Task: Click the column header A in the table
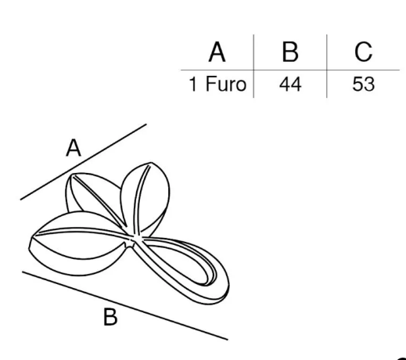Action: coord(217,52)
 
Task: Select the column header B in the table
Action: coord(290,52)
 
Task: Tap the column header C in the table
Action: coord(363,52)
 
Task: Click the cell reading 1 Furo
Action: coord(217,84)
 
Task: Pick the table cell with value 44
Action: coord(290,85)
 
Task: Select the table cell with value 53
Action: coord(363,85)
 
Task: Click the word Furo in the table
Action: coord(226,84)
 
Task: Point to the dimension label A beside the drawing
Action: coord(74,148)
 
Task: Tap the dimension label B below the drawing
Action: coord(110,317)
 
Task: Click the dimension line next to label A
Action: coord(84,162)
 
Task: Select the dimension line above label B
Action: coord(125,305)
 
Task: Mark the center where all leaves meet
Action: coord(133,238)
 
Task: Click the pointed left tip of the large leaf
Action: coord(31,237)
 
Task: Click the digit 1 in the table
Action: coord(192,85)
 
